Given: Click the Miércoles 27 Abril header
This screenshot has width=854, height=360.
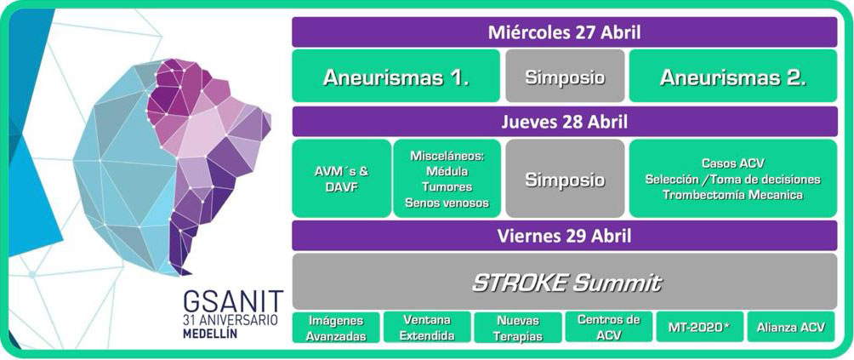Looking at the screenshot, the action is click(x=564, y=32).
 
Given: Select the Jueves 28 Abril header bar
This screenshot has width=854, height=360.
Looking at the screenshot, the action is click(x=564, y=122).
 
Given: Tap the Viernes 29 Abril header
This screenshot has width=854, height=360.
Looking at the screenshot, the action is click(x=564, y=236).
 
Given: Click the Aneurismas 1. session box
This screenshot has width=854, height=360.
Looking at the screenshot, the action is click(x=396, y=76).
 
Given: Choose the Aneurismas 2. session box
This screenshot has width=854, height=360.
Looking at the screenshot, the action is click(x=733, y=76).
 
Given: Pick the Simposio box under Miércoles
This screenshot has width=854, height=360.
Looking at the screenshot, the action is click(x=565, y=76).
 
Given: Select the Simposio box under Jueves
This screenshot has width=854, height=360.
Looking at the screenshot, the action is click(x=565, y=179).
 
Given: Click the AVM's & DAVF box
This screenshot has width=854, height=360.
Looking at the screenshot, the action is click(x=341, y=179).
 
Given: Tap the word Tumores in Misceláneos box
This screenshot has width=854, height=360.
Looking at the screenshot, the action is click(x=447, y=186).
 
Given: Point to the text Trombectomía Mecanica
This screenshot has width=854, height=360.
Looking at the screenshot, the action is click(x=732, y=194).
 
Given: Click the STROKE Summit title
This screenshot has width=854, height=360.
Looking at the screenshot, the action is click(x=566, y=282).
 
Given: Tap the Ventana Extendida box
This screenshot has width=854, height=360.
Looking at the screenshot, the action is click(x=427, y=327).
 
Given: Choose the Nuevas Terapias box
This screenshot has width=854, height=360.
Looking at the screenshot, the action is click(x=518, y=327).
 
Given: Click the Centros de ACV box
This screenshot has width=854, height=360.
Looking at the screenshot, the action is click(x=609, y=327).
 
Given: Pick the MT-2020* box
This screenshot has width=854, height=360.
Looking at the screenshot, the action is click(x=700, y=327).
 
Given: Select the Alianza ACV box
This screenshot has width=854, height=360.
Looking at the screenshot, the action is click(x=791, y=327).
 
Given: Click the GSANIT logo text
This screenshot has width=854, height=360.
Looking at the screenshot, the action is click(x=233, y=301).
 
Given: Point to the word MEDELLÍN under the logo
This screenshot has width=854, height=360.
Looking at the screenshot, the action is click(x=210, y=334).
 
